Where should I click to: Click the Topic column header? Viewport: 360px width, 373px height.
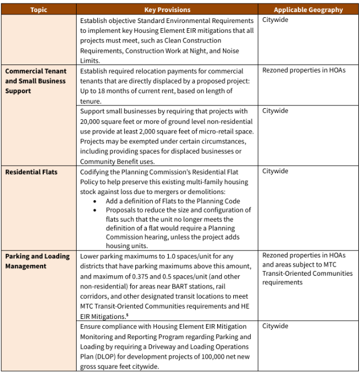(39, 10)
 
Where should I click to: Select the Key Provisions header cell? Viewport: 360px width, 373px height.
(167, 10)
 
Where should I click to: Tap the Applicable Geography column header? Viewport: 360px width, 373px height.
(308, 10)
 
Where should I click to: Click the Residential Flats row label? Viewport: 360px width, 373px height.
(31, 172)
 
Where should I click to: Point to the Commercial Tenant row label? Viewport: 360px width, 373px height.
(36, 71)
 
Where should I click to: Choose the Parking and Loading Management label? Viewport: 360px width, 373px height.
(37, 261)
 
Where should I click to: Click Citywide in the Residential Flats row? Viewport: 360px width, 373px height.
(275, 172)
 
